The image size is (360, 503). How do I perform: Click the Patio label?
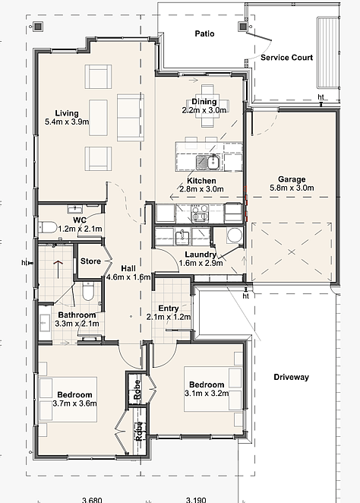(x=204, y=33)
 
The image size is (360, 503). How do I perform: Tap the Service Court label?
(x=286, y=58)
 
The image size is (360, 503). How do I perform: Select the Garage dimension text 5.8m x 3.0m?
(x=292, y=188)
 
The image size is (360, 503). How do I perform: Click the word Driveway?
(x=291, y=377)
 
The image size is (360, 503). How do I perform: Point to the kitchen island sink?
(x=208, y=162)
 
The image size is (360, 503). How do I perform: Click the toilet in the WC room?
(x=47, y=227)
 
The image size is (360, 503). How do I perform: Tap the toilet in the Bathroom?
(x=87, y=291)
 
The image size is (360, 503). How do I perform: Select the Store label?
(x=90, y=261)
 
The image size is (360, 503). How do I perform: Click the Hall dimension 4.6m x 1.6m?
(x=128, y=277)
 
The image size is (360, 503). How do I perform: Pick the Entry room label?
(x=169, y=308)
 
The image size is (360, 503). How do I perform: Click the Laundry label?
(x=201, y=255)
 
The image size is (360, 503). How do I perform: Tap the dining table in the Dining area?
(x=207, y=106)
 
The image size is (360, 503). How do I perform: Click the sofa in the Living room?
(x=130, y=118)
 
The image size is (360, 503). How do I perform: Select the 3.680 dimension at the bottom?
(x=92, y=500)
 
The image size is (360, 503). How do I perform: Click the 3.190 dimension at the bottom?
(x=196, y=500)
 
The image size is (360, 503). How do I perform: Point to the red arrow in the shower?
(x=58, y=269)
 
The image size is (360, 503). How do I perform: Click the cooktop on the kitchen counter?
(x=200, y=214)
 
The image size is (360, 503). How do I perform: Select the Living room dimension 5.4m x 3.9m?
(x=67, y=122)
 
